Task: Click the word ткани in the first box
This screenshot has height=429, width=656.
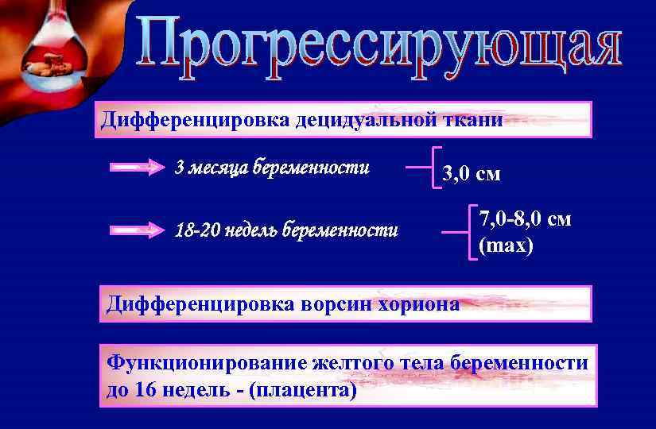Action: coord(474,121)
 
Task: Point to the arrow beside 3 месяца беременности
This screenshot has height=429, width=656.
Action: coord(134,168)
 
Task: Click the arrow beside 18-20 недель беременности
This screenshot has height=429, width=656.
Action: coord(134,231)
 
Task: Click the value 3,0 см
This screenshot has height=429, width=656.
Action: coord(472,174)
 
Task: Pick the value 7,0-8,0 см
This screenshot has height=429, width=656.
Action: coord(524,218)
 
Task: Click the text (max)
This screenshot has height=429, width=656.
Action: coord(506,245)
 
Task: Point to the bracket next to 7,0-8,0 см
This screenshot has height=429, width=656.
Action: coord(465,232)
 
